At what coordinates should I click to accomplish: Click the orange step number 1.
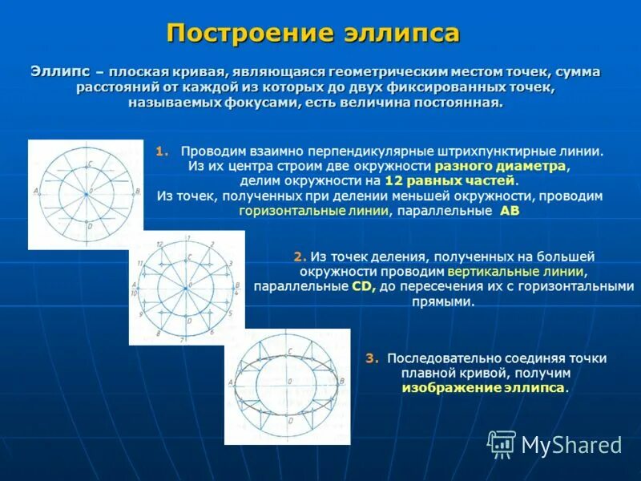pyautogui.click(x=162, y=151)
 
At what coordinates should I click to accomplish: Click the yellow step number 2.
pyautogui.click(x=300, y=257)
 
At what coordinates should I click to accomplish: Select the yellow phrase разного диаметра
pyautogui.click(x=501, y=166)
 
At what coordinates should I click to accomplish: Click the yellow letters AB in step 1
pyautogui.click(x=510, y=212)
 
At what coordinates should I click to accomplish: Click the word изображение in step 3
pyautogui.click(x=450, y=388)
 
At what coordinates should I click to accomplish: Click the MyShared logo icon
pyautogui.click(x=502, y=443)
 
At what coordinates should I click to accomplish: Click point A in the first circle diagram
pyautogui.click(x=37, y=191)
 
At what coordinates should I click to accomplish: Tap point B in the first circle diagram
pyautogui.click(x=137, y=191)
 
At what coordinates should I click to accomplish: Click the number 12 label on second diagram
pyautogui.click(x=159, y=243)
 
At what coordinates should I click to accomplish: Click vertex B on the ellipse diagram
pyautogui.click(x=343, y=382)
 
